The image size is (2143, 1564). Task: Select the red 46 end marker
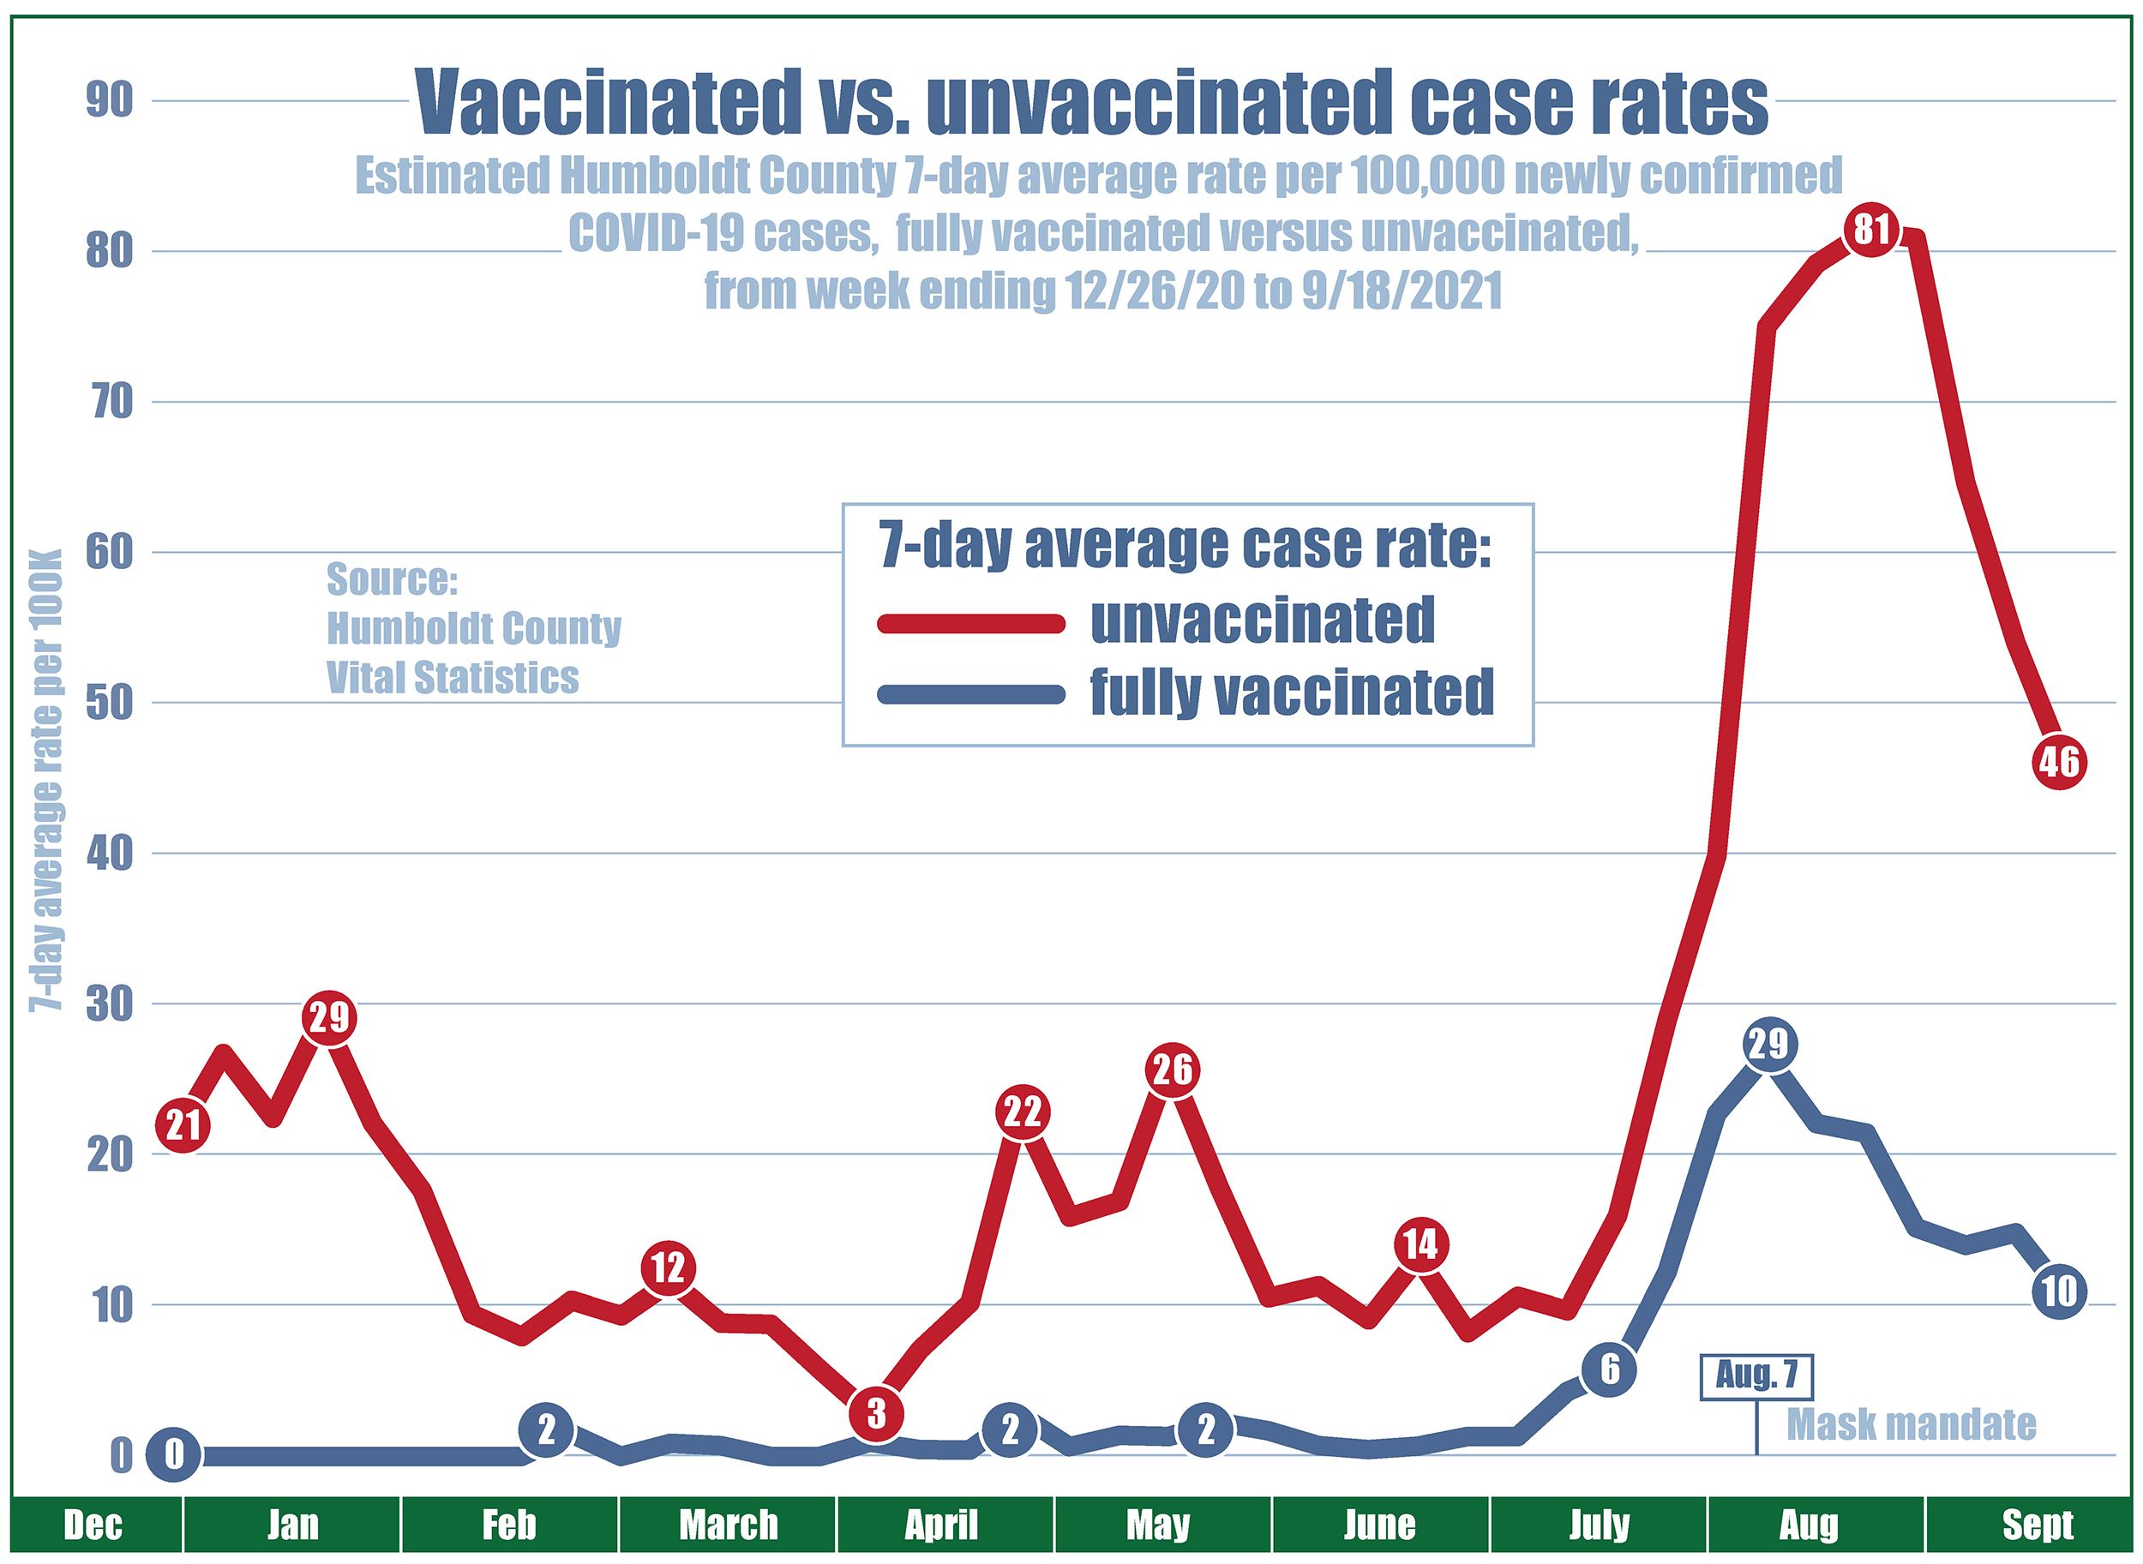coord(2059,761)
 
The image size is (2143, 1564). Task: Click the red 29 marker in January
coord(328,1018)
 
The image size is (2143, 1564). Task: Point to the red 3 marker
coord(875,1413)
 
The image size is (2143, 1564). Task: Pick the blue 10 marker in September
coord(2059,1291)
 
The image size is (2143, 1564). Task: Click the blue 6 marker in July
coord(1609,1369)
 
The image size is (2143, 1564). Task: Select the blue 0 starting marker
coord(173,1455)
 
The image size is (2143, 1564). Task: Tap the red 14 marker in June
coord(1420,1244)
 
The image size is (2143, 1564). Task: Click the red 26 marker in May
coord(1173,1070)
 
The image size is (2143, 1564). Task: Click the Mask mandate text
coord(1911,1424)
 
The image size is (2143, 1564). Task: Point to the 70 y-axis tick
coord(109,404)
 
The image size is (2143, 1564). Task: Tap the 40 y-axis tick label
coord(109,854)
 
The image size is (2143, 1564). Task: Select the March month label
coord(729,1526)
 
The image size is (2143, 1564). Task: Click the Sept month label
coord(2037,1526)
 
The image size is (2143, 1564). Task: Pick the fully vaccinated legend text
coord(1292,692)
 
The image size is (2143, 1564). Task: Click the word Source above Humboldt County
coord(392,579)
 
